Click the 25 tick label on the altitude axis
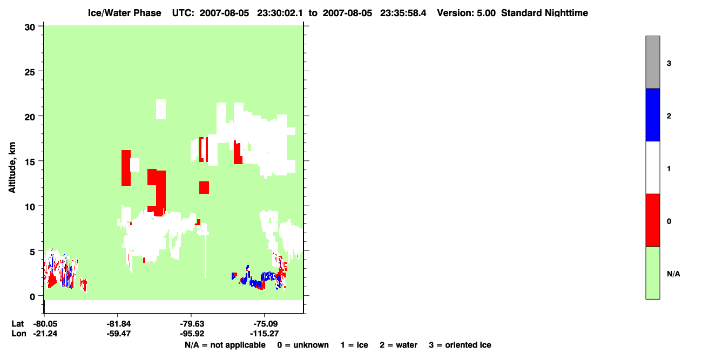coord(30,72)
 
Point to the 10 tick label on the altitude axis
coord(30,207)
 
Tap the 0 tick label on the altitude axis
coord(32,297)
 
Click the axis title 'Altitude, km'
coord(12,168)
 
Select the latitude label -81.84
coord(118,324)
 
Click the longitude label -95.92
coord(192,334)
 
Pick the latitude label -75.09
coord(266,324)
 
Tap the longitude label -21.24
coord(45,334)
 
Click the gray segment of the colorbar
coord(652,62)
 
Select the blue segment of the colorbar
coord(652,114)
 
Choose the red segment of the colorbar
coord(652,220)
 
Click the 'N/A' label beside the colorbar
coord(673,274)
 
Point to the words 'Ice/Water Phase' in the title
coord(124,13)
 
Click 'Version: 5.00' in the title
coord(467,13)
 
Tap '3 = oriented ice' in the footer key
coord(460,345)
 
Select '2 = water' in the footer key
coord(399,345)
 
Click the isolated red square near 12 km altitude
coord(204,187)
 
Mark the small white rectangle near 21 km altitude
coord(161,110)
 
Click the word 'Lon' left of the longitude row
coord(19,334)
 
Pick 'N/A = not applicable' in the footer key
coord(225,345)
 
